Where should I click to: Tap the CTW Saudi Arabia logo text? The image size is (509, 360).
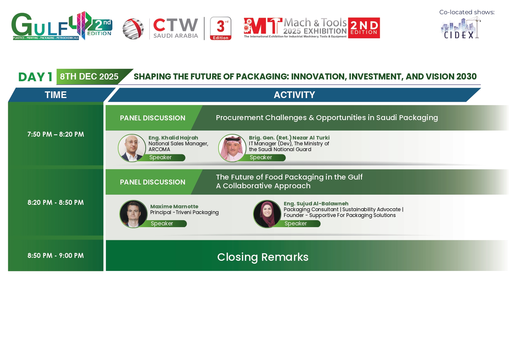[176, 28]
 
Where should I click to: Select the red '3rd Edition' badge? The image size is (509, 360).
[221, 28]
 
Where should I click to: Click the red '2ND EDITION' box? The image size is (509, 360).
[364, 28]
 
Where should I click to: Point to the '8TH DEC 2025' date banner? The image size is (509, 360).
[89, 77]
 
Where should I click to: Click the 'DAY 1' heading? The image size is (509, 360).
[35, 77]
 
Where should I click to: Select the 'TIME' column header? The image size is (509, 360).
[56, 95]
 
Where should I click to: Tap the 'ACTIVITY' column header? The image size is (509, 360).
[294, 95]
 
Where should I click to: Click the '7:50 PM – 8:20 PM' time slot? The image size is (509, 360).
[56, 134]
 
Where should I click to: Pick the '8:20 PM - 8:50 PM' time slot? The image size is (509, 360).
[56, 202]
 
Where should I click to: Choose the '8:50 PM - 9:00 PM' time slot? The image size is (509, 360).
[56, 256]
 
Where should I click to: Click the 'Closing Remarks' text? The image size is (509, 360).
[263, 257]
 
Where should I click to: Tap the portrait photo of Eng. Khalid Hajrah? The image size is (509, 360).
[132, 148]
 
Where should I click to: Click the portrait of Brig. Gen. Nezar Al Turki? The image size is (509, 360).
[232, 148]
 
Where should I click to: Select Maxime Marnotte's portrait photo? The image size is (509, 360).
[133, 214]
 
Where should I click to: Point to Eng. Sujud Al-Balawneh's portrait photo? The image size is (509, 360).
[267, 214]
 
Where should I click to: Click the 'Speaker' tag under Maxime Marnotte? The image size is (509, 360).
[162, 224]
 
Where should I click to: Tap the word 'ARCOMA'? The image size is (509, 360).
[159, 149]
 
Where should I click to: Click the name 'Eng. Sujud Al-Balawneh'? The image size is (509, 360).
[316, 204]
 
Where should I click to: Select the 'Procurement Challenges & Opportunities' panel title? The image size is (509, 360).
[327, 118]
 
